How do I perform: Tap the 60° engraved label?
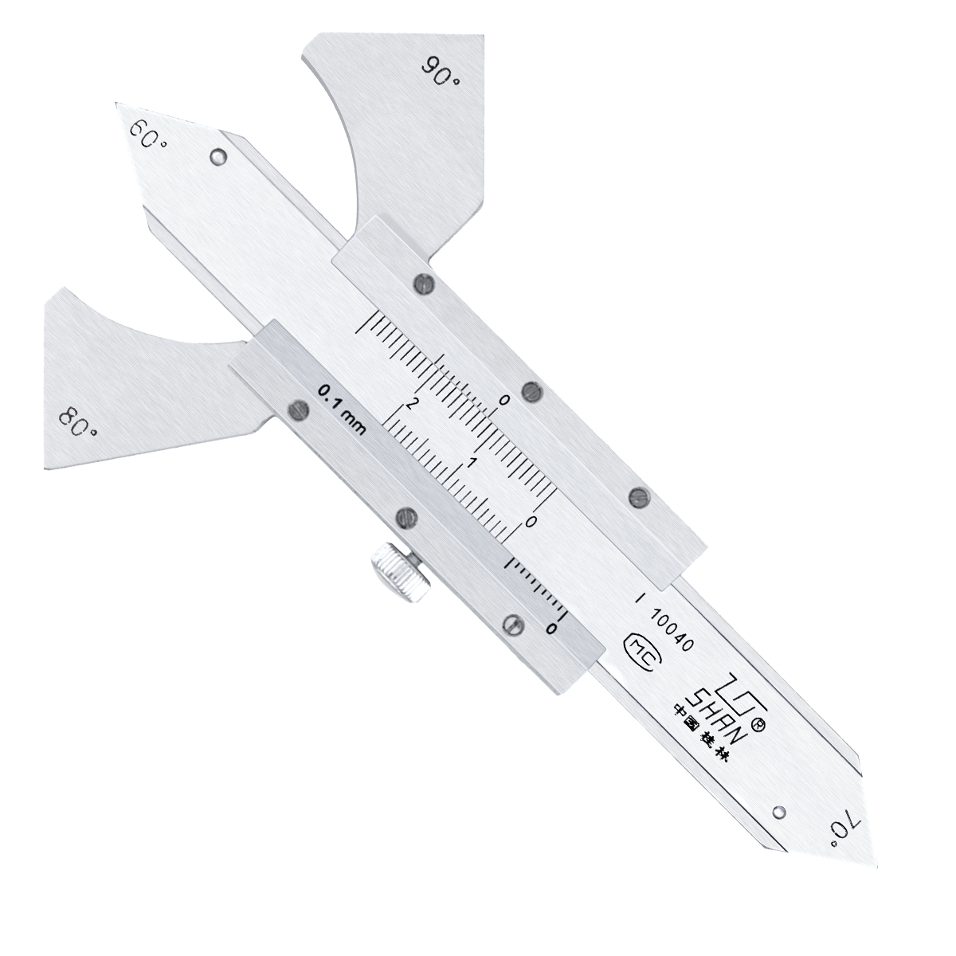pyautogui.click(x=148, y=135)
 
